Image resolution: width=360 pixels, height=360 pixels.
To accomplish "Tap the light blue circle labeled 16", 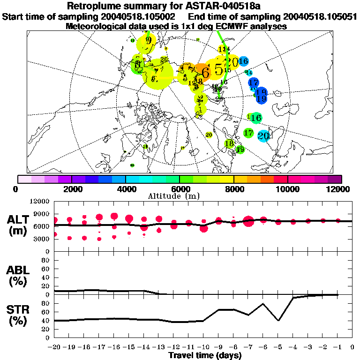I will (243, 61).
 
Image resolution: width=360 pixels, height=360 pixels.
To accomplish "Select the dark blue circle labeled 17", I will (253, 82).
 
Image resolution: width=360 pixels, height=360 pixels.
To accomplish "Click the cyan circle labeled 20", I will (263, 136).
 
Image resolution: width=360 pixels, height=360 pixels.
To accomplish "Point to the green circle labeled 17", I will (249, 133).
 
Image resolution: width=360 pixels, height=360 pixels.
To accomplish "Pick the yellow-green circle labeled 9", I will (149, 40).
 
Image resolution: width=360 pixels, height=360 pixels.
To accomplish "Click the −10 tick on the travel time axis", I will (204, 347).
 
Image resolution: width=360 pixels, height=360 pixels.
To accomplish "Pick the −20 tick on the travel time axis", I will (54, 347).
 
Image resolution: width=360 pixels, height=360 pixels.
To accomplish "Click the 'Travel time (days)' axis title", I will (205, 356).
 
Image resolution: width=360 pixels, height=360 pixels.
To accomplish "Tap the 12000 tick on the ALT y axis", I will (40, 202).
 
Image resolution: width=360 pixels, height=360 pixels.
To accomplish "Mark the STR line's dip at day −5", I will (278, 321).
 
